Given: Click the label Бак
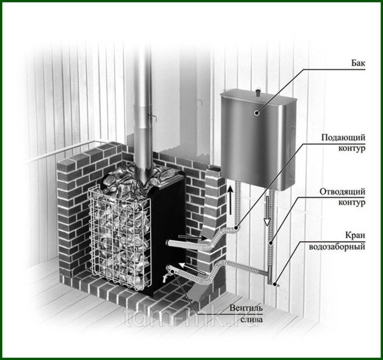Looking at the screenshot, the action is pos(358,63).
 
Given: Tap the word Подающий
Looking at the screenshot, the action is pos(343,137).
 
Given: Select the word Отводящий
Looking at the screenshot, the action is pos(342,191).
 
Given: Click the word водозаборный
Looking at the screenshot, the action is pos(337,246).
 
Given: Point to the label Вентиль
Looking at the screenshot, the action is pos(246,308).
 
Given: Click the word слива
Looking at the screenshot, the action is pos(251,319).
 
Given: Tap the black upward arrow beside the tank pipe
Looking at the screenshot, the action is pos(230,200).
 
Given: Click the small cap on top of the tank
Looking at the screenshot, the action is pos(258,93).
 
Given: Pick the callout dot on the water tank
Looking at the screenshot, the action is pos(256,113).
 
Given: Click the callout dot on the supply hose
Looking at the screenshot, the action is pos(236,228).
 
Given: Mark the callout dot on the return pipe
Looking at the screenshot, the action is pos(271,243).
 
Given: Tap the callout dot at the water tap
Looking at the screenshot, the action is pos(275,284).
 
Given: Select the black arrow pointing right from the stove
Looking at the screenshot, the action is pos(193,237).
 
